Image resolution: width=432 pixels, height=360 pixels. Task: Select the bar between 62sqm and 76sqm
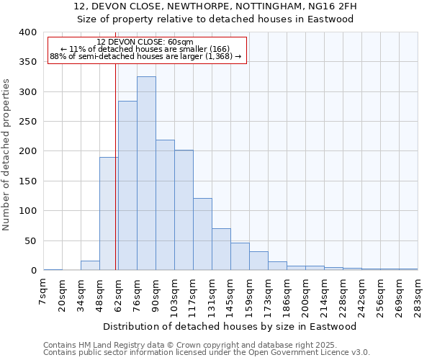click(x=127, y=185)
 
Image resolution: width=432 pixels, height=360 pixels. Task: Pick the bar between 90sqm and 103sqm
click(x=165, y=204)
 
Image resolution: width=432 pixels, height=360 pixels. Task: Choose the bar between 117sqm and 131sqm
click(x=202, y=234)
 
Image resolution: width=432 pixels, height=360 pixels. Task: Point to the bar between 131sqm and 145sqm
click(x=221, y=249)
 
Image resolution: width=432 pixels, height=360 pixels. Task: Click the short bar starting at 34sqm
click(x=90, y=266)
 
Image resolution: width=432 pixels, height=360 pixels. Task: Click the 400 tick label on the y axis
click(x=27, y=32)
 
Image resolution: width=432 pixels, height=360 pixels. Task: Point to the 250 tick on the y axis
click(x=27, y=122)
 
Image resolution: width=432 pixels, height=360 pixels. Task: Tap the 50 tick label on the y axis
click(x=30, y=240)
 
